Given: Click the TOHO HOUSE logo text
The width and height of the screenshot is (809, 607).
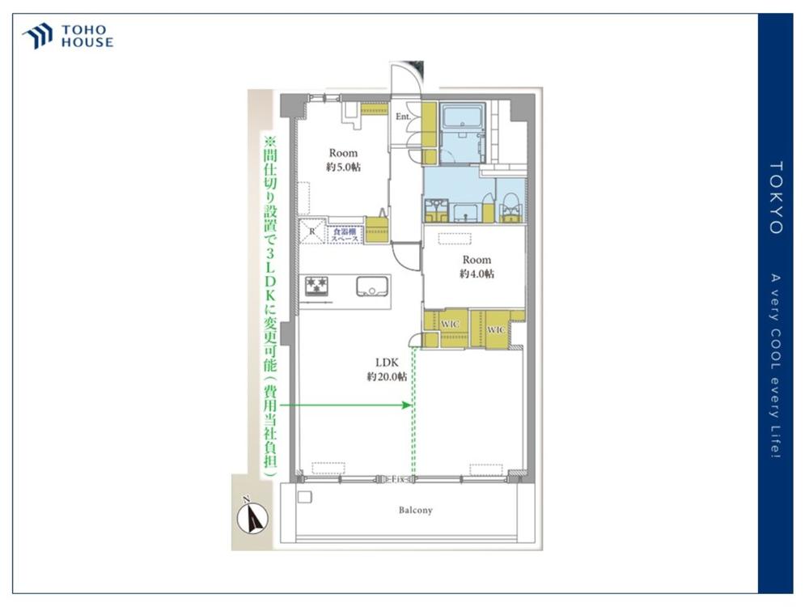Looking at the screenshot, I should pyautogui.click(x=87, y=36).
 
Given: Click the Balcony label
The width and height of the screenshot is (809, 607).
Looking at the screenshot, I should pyautogui.click(x=415, y=511).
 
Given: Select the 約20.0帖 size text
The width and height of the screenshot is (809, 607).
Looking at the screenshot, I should pyautogui.click(x=386, y=377).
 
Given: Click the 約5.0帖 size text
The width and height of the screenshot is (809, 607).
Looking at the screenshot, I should pyautogui.click(x=343, y=167).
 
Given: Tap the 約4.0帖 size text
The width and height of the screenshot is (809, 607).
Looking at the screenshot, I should pyautogui.click(x=477, y=274).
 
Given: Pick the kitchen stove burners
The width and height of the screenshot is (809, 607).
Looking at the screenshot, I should pyautogui.click(x=316, y=285).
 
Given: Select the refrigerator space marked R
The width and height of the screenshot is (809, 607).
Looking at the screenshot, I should pyautogui.click(x=312, y=232).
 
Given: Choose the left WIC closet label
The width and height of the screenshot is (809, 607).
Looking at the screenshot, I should pyautogui.click(x=450, y=324).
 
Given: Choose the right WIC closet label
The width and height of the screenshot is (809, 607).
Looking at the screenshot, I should pyautogui.click(x=496, y=330).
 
